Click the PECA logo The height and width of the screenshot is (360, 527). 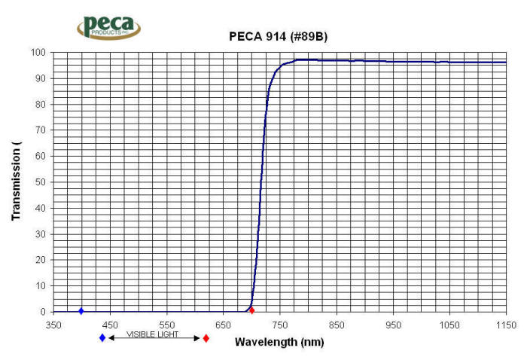click(x=108, y=26)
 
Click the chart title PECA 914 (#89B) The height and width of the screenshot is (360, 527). click(x=278, y=36)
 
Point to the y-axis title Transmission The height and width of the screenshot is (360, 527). click(x=16, y=181)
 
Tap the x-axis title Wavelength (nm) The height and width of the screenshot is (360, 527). click(x=279, y=342)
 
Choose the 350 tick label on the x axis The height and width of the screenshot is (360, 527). click(x=53, y=325)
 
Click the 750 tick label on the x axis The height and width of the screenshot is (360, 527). click(x=280, y=325)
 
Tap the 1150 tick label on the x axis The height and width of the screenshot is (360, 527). click(x=506, y=325)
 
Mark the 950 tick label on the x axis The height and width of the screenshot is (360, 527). click(x=393, y=325)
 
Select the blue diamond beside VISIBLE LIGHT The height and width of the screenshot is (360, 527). click(x=102, y=338)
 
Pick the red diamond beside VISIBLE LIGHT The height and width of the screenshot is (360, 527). click(x=206, y=338)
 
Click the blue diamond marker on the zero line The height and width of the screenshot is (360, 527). click(x=81, y=311)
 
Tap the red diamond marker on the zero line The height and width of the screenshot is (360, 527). click(x=251, y=310)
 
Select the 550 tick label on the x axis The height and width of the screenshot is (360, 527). click(x=166, y=325)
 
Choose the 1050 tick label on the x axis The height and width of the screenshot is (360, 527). click(x=449, y=325)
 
